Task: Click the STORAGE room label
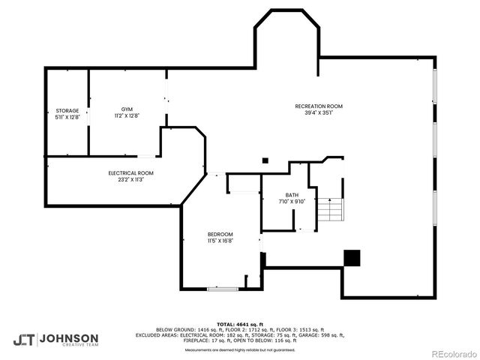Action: [67, 111]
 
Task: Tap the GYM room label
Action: [127, 109]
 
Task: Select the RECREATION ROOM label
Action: [318, 106]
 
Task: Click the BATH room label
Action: [291, 195]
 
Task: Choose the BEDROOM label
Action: [220, 234]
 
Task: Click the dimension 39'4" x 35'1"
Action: [318, 113]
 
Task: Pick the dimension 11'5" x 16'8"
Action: [220, 241]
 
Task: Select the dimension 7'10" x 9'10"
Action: [291, 201]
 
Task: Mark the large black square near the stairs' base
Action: [352, 257]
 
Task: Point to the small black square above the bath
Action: [264, 160]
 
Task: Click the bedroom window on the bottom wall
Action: [223, 289]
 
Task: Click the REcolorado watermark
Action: [452, 353]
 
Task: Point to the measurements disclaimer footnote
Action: [239, 350]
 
